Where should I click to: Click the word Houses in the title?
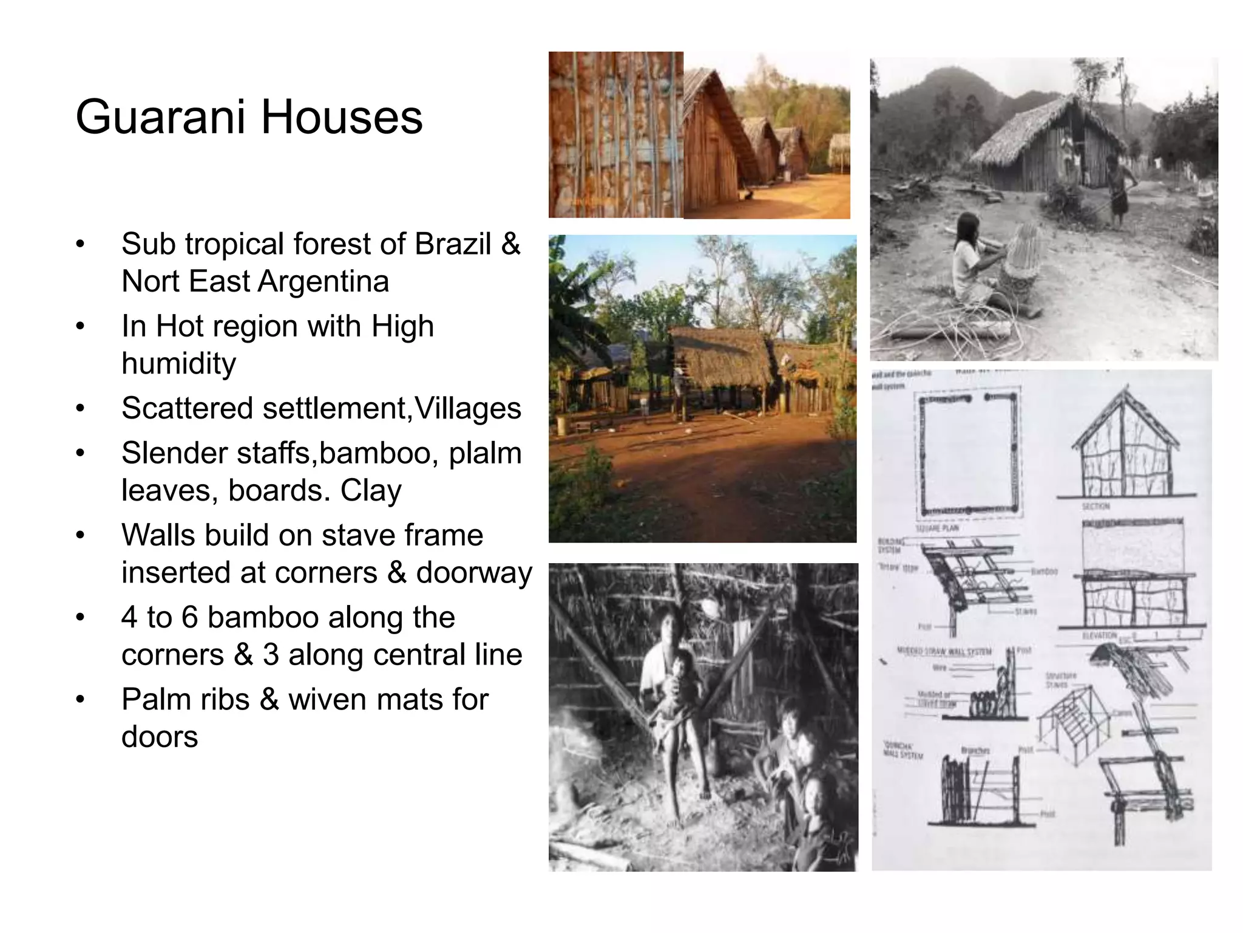pyautogui.click(x=342, y=117)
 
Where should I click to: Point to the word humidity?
pyautogui.click(x=178, y=363)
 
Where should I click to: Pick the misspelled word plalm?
pyautogui.click(x=485, y=453)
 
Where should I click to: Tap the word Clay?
pyautogui.click(x=371, y=491)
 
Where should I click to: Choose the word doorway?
pyautogui.click(x=474, y=573)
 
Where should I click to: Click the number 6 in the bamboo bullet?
pyautogui.click(x=189, y=618)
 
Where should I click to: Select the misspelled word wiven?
pyautogui.click(x=322, y=700)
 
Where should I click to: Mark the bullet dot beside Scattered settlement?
pyautogui.click(x=80, y=409)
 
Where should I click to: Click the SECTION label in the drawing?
pyautogui.click(x=1096, y=506)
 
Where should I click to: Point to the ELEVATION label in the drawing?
pyautogui.click(x=1099, y=636)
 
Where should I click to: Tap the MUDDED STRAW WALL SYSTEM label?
pyautogui.click(x=944, y=651)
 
